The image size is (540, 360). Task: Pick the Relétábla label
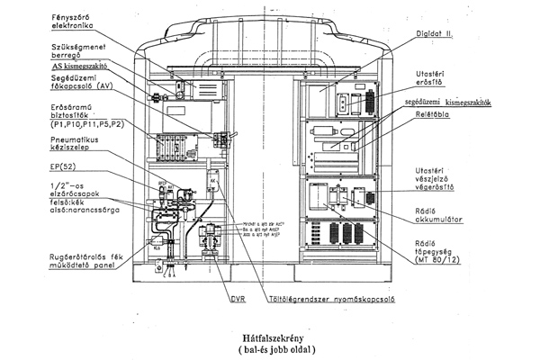click(x=436, y=117)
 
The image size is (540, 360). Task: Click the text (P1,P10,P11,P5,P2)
click(x=62, y=128)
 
